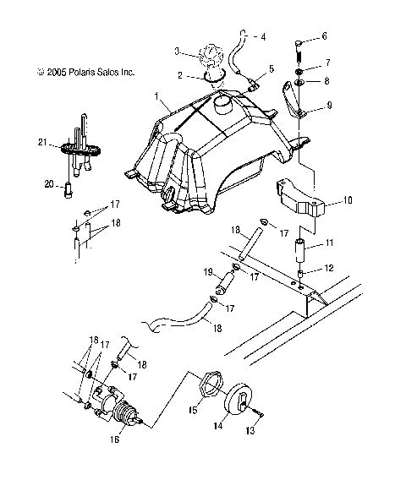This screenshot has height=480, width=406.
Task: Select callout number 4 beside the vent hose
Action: pyautogui.click(x=263, y=37)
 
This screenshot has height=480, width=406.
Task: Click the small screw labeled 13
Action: pyautogui.click(x=300, y=253)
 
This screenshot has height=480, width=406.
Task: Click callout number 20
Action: pyautogui.click(x=117, y=439)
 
